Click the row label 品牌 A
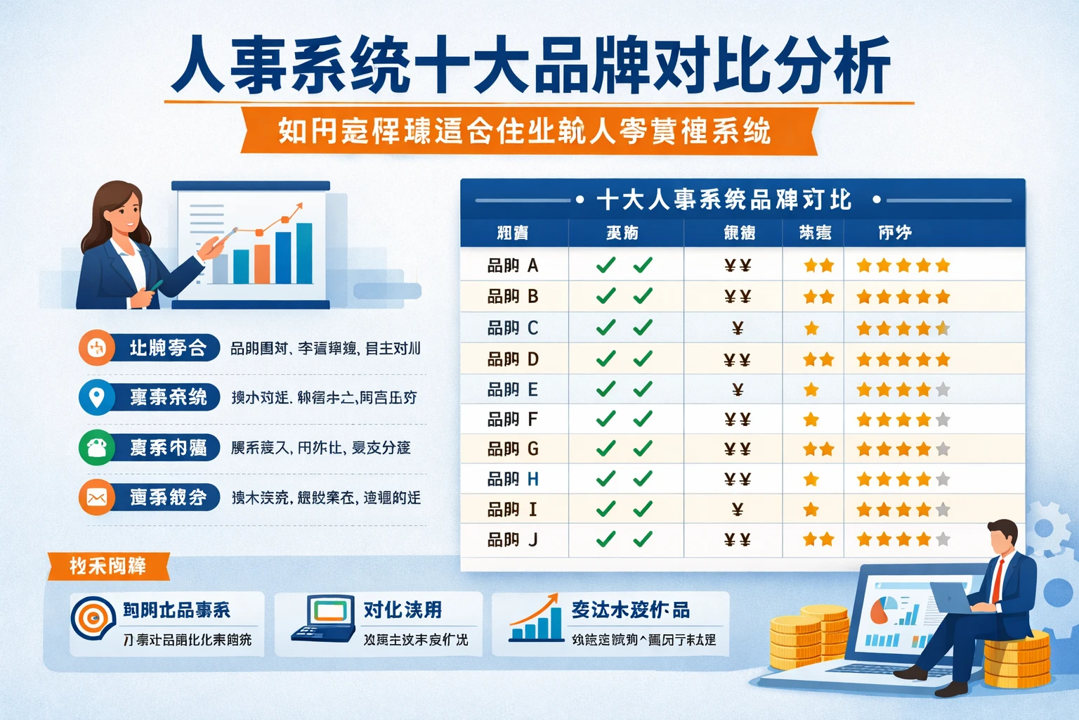pyautogui.click(x=512, y=266)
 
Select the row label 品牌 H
pyautogui.click(x=512, y=480)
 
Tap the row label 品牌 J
pyautogui.click(x=512, y=540)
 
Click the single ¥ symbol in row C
pyautogui.click(x=738, y=328)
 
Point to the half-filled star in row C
pyautogui.click(x=943, y=328)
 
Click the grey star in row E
pyautogui.click(x=943, y=390)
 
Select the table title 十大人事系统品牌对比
pyautogui.click(x=724, y=200)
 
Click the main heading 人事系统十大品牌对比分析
pyautogui.click(x=531, y=67)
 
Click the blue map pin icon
pyautogui.click(x=96, y=397)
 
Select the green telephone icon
pyautogui.click(x=96, y=447)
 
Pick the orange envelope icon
pyautogui.click(x=96, y=497)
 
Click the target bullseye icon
pyautogui.click(x=93, y=617)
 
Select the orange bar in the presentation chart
pyautogui.click(x=262, y=264)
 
